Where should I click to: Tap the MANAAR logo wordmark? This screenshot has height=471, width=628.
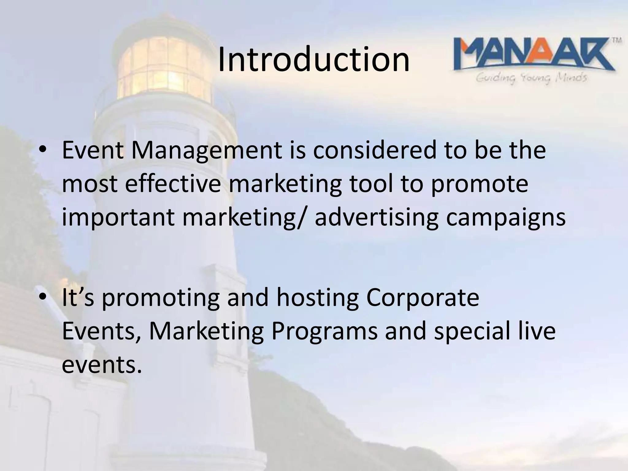[534, 57]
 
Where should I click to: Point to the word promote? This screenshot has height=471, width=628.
[479, 185]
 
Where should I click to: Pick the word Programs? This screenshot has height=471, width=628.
[324, 332]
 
